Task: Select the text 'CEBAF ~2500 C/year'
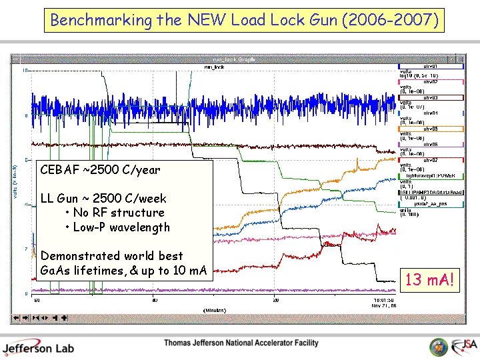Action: tap(100, 170)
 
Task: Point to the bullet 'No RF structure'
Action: tap(119, 213)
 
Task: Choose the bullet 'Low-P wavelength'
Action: tap(121, 227)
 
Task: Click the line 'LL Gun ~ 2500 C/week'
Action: tap(103, 198)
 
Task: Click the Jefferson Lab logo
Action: tap(38, 347)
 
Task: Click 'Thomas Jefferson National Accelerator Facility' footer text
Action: tap(241, 343)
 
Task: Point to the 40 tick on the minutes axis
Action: tap(155, 300)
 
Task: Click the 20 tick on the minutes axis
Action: tap(275, 300)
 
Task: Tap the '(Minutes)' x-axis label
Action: tap(214, 310)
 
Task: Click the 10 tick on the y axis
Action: tap(25, 70)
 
